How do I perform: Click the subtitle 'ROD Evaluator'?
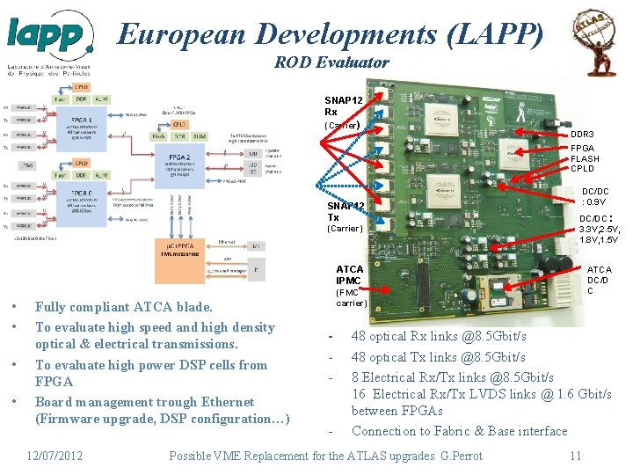(x=331, y=62)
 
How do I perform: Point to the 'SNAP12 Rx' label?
(x=343, y=106)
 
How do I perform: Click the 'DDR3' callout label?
(x=583, y=134)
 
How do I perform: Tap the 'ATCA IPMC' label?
(x=350, y=274)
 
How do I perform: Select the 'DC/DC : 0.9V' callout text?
(x=594, y=195)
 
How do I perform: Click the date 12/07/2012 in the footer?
(x=55, y=455)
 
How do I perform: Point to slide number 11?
(x=575, y=455)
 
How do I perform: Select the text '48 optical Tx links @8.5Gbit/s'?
(x=438, y=357)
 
